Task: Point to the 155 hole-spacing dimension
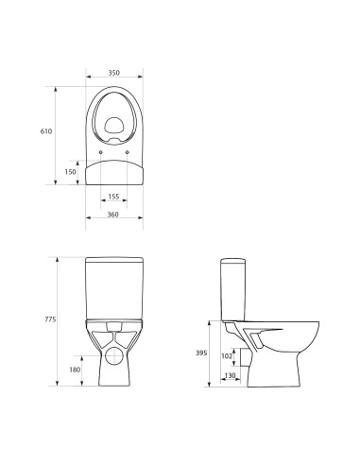point(113,197)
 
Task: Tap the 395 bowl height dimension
point(198,352)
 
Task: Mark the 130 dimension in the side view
point(229,377)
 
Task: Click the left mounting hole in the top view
point(100,151)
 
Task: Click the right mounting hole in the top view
point(128,151)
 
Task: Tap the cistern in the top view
point(113,170)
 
